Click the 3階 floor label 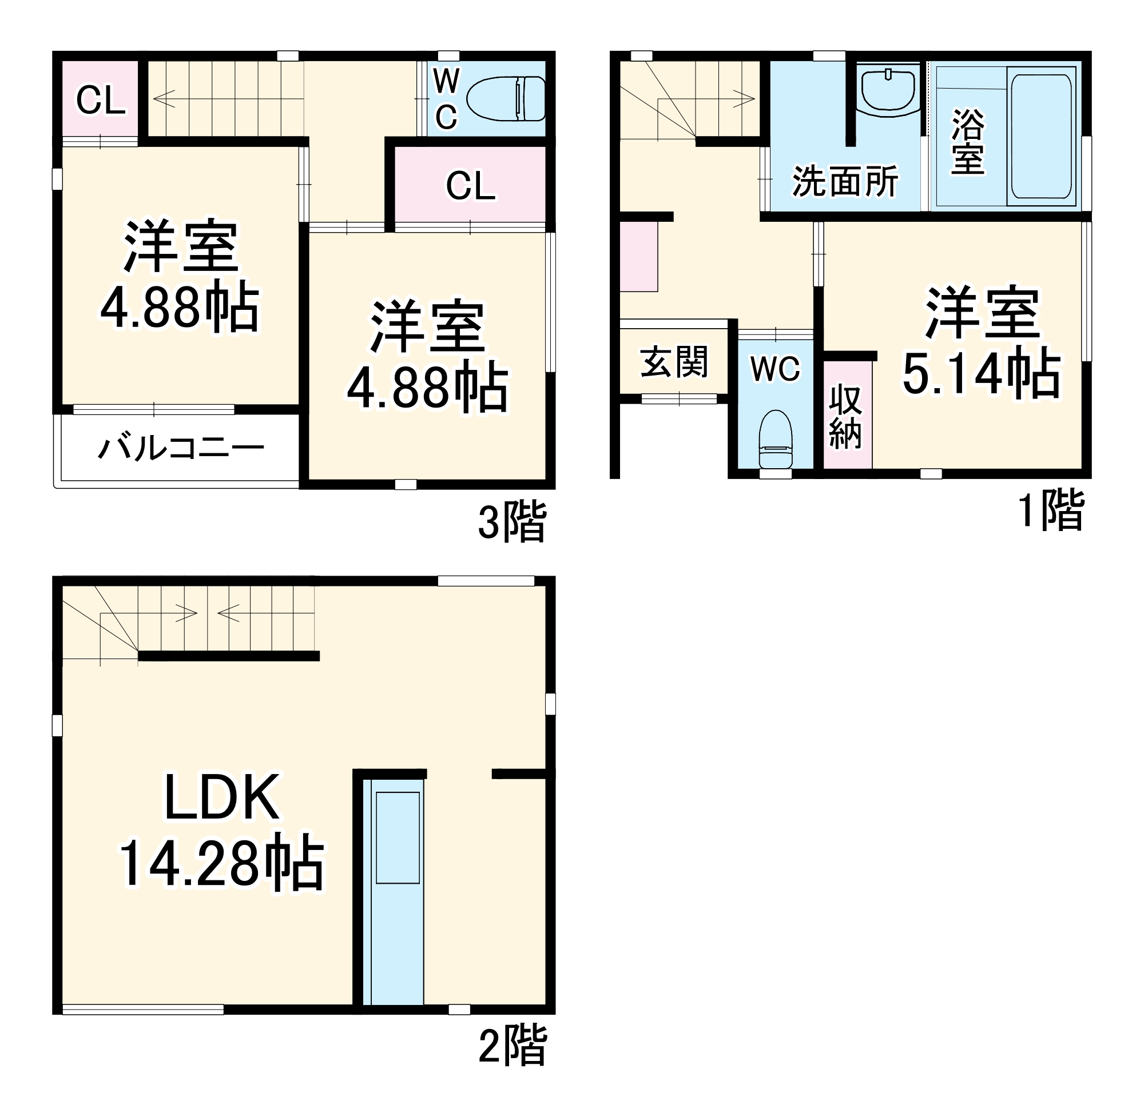coord(512,521)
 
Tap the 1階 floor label coord(1051,510)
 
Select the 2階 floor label coord(512,1044)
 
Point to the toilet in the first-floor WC coord(776,439)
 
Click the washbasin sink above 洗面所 coord(888,89)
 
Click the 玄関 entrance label coord(674,362)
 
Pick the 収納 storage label coord(846,417)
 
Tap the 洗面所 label coord(845,181)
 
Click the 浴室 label coord(967,141)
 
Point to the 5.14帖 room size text coord(982,374)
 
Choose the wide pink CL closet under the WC coord(470,186)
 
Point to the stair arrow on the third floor coord(164,98)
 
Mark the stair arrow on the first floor coord(743,98)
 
